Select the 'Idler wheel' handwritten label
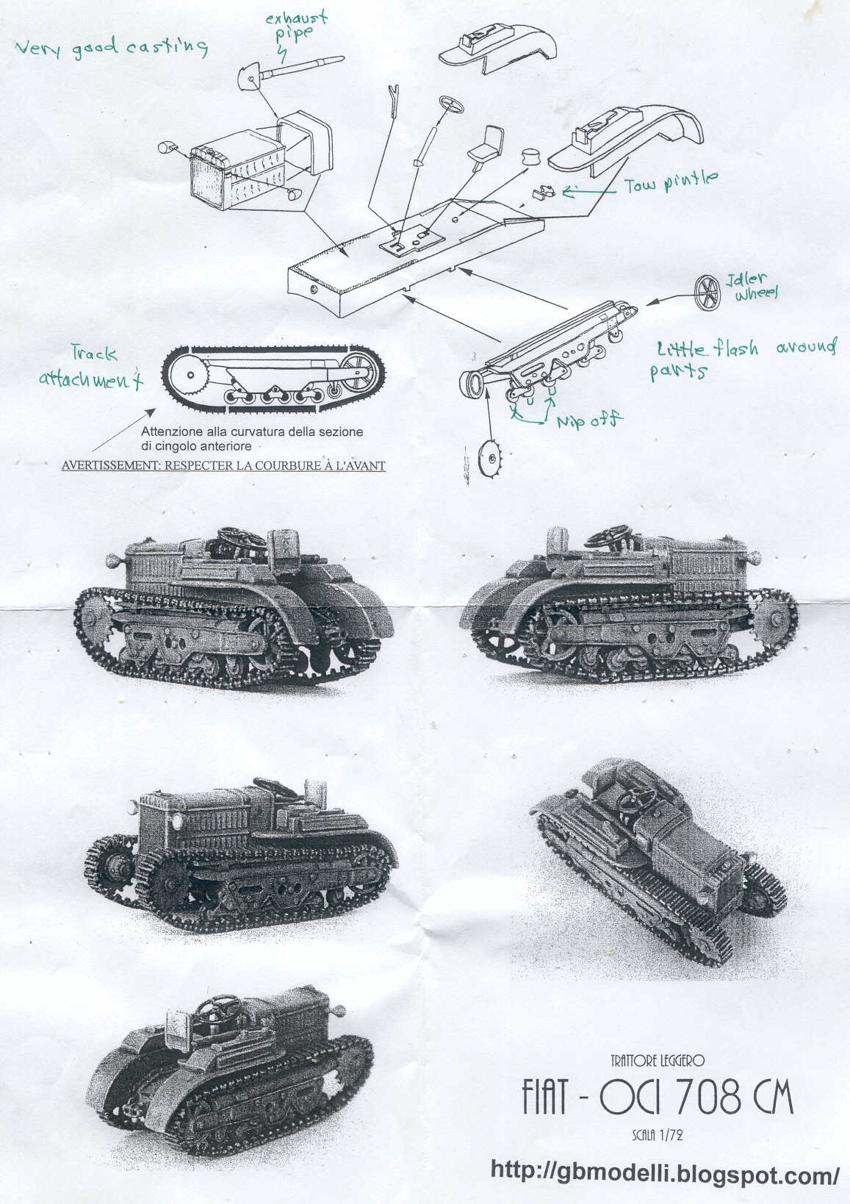pyautogui.click(x=752, y=285)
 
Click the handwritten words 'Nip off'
pyautogui.click(x=589, y=420)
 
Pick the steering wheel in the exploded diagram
pyautogui.click(x=451, y=104)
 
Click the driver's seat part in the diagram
pyautogui.click(x=487, y=144)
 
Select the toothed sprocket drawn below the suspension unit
pyautogui.click(x=490, y=458)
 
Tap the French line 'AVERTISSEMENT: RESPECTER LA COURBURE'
pyautogui.click(x=223, y=465)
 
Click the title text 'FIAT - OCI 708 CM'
pyautogui.click(x=657, y=1097)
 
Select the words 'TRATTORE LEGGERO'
pyautogui.click(x=657, y=1061)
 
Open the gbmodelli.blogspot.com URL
pyautogui.click(x=665, y=1172)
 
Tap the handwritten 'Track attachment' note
pyautogui.click(x=91, y=368)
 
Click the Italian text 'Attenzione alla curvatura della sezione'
pyautogui.click(x=252, y=431)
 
